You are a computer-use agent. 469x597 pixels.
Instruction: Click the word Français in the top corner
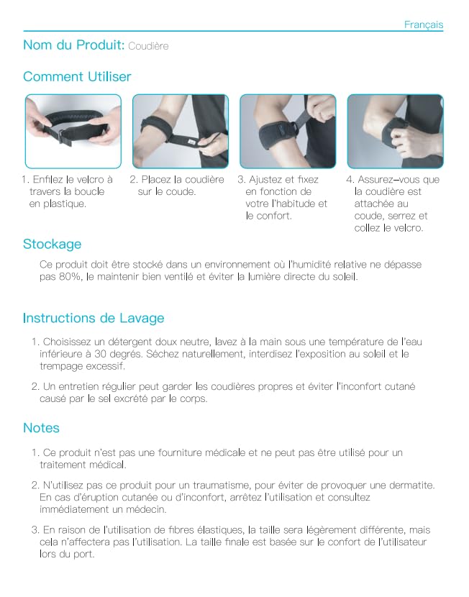click(x=424, y=24)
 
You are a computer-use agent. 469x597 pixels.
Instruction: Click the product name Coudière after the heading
click(x=148, y=46)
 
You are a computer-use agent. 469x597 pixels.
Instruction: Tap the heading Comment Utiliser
click(x=77, y=76)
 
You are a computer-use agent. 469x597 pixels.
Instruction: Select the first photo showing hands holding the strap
click(x=73, y=132)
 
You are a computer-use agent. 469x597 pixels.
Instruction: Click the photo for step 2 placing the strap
click(x=181, y=132)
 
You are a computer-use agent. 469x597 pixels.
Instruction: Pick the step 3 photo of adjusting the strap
click(x=288, y=132)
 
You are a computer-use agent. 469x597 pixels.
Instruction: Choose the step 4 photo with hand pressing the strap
click(x=396, y=132)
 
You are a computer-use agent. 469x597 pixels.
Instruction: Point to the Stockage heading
click(x=53, y=244)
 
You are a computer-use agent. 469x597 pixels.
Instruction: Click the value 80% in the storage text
click(x=70, y=276)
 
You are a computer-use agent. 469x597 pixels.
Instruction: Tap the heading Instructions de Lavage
click(x=94, y=318)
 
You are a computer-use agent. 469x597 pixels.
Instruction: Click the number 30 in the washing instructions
click(x=100, y=354)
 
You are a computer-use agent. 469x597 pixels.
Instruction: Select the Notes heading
click(x=41, y=427)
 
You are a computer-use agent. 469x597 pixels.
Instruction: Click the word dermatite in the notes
click(x=413, y=485)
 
